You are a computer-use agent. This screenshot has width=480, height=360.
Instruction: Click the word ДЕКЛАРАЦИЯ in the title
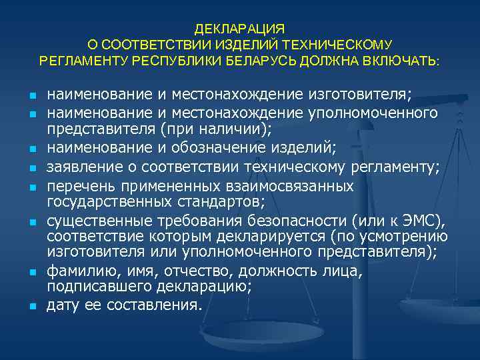240,29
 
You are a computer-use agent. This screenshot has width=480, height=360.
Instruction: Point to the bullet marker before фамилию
32,272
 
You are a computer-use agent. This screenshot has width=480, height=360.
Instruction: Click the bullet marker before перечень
32,189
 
